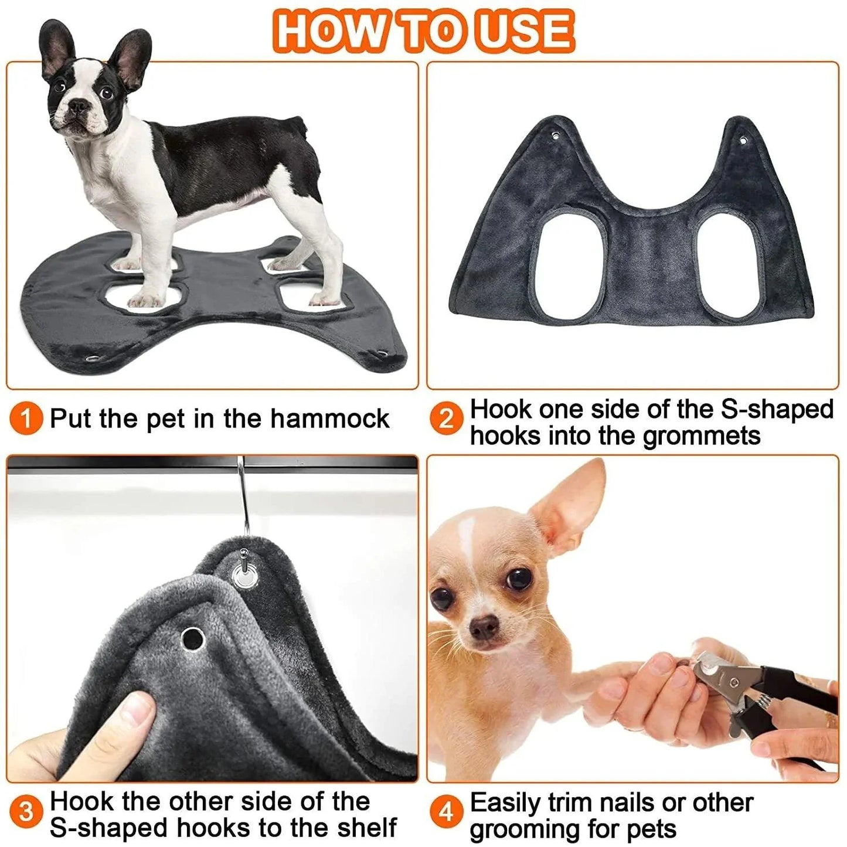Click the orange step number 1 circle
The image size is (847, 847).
pyautogui.click(x=26, y=419)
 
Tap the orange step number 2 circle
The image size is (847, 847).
pyautogui.click(x=446, y=419)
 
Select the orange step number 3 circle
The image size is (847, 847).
pyautogui.click(x=26, y=812)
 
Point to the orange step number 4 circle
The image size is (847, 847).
pyautogui.click(x=446, y=812)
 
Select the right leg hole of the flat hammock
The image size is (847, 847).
pyautogui.click(x=726, y=265)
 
